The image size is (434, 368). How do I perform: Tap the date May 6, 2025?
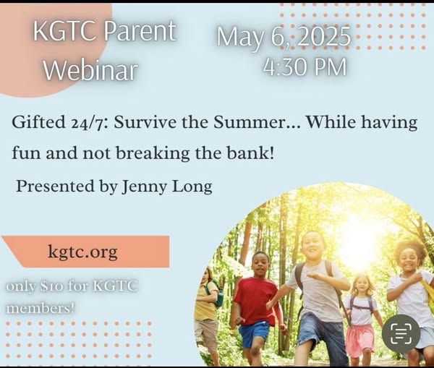pos(284,37)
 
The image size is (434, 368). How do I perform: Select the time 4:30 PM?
pos(305,67)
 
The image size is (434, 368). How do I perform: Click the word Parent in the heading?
pos(140,31)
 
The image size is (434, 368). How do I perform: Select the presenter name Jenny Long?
pos(167,187)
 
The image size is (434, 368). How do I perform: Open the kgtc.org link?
pos(82,252)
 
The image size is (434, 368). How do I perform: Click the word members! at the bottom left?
pos(41,308)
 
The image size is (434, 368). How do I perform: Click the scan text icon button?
pos(401,333)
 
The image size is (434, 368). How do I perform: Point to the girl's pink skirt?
pos(360,339)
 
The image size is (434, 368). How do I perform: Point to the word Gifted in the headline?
pos(39,122)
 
